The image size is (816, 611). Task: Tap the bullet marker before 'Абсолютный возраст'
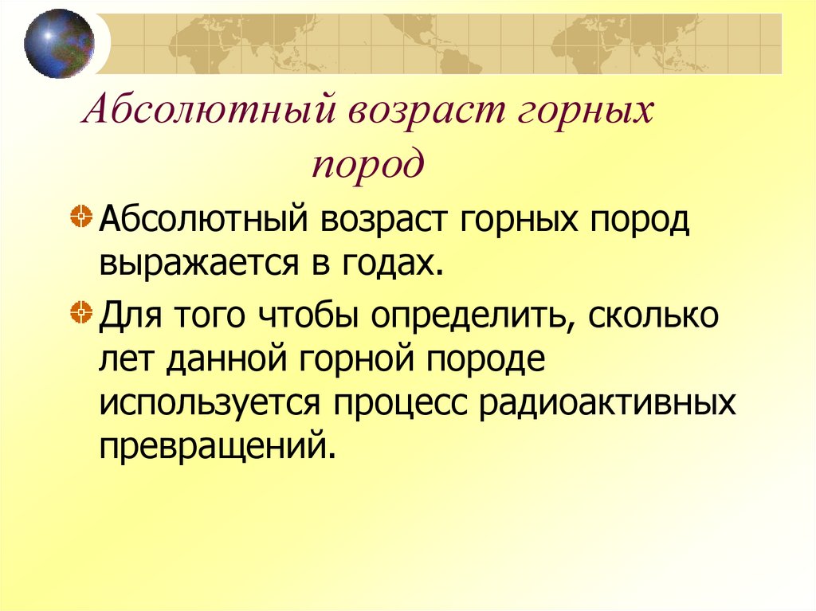pos(79,217)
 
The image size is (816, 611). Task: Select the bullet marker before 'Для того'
pos(79,308)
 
